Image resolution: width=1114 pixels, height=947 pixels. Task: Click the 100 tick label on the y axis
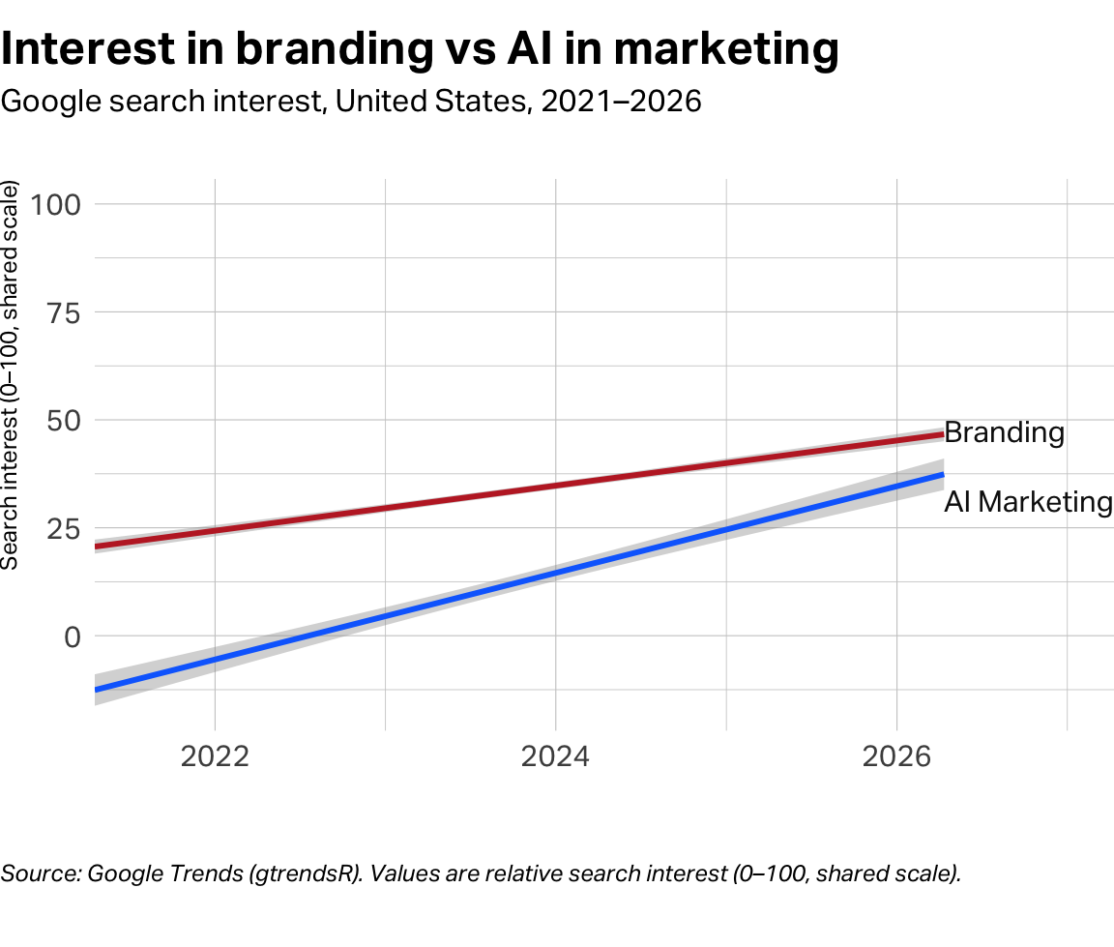(60, 204)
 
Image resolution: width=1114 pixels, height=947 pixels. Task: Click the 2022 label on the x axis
(215, 755)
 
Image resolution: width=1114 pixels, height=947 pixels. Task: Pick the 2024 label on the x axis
(555, 755)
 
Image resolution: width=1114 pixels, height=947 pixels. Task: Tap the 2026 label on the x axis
(896, 755)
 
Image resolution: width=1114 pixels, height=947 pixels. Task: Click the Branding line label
(1004, 432)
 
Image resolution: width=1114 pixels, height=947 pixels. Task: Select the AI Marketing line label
(1028, 502)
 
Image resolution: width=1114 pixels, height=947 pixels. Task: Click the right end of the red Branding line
(942, 434)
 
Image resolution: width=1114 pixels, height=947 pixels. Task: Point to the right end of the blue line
(942, 475)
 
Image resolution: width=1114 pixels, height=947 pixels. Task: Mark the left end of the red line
(96, 547)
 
